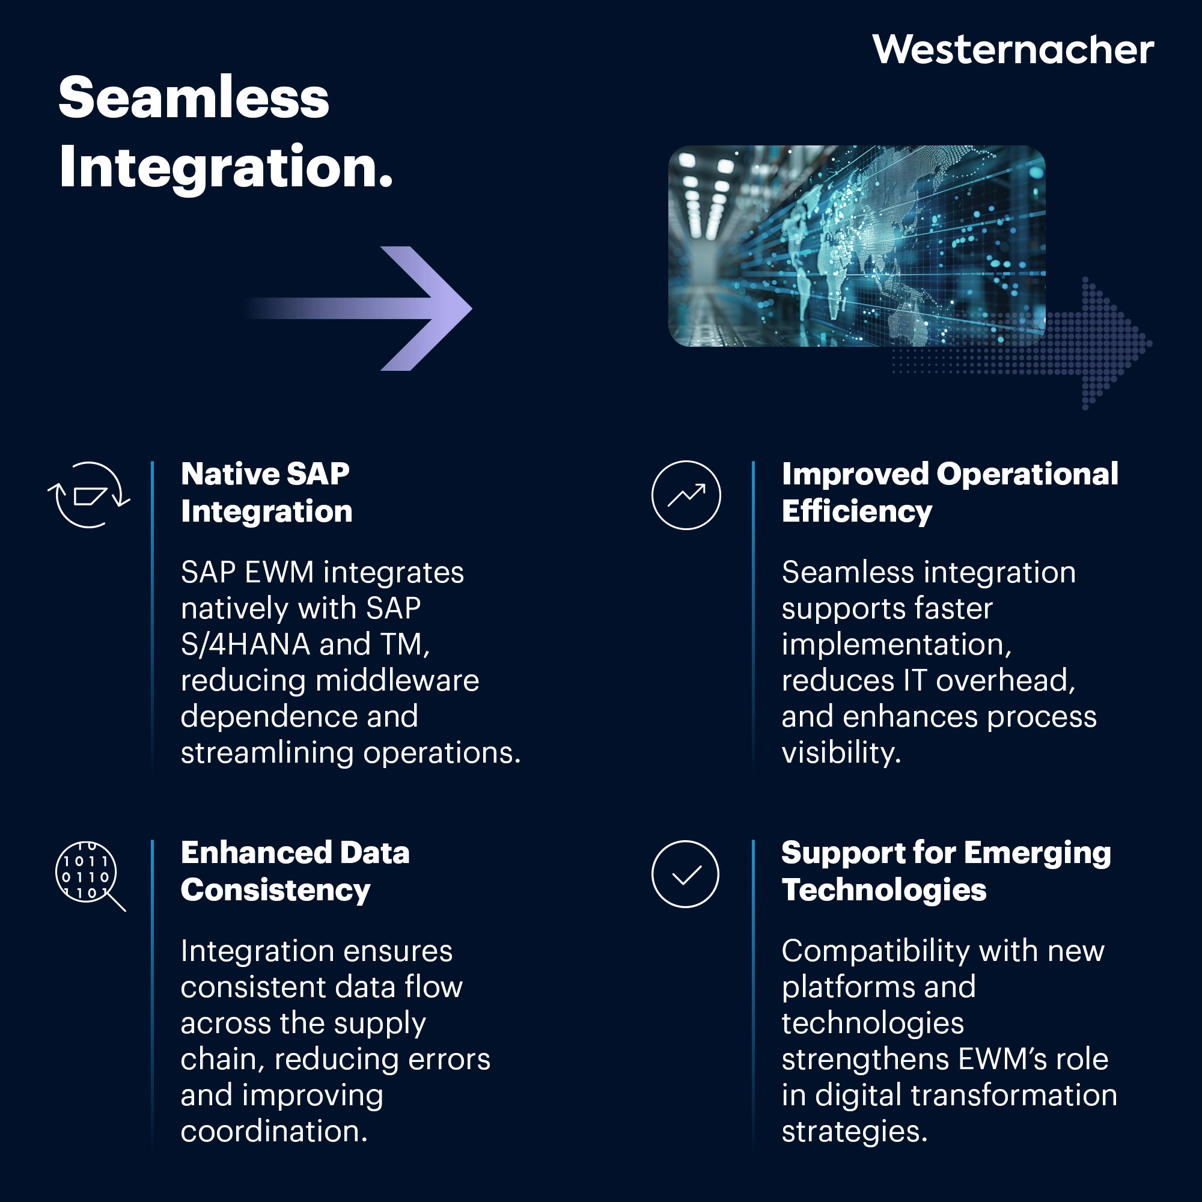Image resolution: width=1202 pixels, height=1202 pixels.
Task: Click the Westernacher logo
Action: pos(1012,50)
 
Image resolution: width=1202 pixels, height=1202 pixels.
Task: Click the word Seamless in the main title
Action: pos(194,99)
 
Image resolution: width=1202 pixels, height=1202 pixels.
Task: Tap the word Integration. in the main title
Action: pos(226,166)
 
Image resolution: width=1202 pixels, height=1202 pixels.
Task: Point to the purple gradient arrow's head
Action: pos(436,308)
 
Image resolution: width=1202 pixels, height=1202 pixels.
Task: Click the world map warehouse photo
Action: pos(856,246)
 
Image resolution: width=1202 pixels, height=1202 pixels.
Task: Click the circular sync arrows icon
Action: pos(89,495)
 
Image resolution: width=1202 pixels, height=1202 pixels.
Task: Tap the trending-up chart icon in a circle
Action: pos(686,495)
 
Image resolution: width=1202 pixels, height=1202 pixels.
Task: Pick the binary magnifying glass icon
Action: pos(88,874)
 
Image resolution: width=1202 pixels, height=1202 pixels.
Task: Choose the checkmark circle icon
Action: pos(685,874)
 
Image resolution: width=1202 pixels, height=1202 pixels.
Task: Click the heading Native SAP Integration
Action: pos(266,492)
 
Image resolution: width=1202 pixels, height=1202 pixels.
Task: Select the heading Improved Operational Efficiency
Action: pos(950,492)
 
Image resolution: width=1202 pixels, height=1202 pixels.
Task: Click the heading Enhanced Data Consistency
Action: pos(295,871)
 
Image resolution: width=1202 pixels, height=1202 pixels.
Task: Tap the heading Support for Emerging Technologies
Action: pos(945,871)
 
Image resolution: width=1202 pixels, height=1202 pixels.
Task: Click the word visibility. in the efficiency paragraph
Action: pos(841,754)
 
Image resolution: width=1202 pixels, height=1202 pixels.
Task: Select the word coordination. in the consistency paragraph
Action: pos(273,1132)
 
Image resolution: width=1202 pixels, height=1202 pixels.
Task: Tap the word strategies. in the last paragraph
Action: pos(854,1132)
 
